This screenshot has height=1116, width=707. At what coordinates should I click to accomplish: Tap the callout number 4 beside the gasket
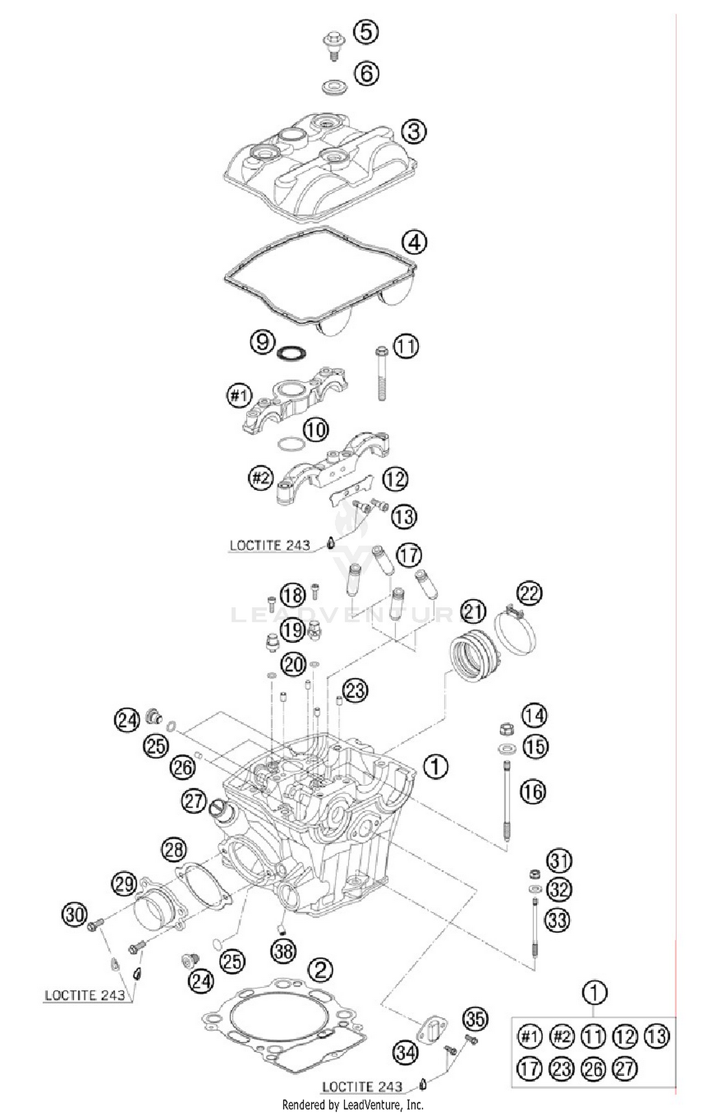[414, 242]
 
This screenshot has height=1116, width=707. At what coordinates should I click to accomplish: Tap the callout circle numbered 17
[409, 555]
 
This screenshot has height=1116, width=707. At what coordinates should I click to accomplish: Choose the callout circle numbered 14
[534, 716]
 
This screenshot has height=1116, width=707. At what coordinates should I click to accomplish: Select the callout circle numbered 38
[284, 950]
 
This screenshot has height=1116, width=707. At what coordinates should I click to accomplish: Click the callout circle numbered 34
[405, 1052]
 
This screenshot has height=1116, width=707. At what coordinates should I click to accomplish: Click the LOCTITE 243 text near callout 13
[270, 545]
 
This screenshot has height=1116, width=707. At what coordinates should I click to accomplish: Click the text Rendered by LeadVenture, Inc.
[353, 1104]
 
